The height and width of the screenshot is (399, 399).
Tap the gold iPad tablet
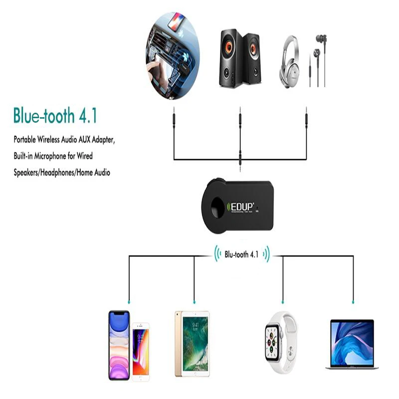coord(192,344)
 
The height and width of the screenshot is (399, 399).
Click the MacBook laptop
coord(352,345)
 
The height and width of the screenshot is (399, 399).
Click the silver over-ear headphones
coord(293,61)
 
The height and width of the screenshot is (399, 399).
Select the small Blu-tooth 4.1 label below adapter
coord(241,254)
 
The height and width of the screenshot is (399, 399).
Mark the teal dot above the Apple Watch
coord(283,302)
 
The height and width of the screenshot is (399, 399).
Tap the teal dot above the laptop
coord(353,302)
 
